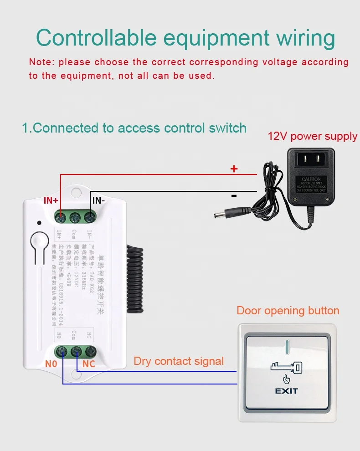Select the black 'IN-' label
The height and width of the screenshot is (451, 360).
click(99, 200)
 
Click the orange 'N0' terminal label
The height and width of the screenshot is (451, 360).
click(51, 364)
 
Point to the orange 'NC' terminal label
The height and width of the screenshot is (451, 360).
click(89, 364)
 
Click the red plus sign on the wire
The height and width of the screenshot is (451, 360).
click(234, 169)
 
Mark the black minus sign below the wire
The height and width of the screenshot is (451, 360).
click(234, 196)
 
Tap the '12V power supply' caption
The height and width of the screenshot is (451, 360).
click(312, 136)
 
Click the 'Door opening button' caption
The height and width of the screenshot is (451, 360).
click(288, 311)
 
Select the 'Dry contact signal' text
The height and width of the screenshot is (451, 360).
click(179, 361)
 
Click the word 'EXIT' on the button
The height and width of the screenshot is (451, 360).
click(287, 391)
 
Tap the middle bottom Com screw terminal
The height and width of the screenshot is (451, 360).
click(76, 351)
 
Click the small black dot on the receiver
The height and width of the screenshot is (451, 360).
click(40, 223)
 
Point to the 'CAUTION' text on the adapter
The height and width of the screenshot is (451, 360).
click(311, 179)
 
